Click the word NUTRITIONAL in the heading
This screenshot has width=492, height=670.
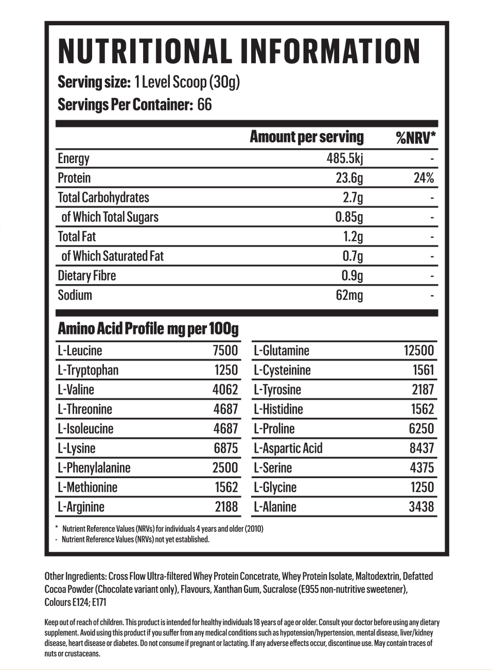click(x=144, y=51)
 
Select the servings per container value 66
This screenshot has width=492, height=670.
click(x=204, y=105)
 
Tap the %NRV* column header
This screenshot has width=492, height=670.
click(x=415, y=137)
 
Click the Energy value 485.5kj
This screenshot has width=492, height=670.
click(x=344, y=158)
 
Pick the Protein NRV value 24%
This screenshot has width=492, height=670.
click(x=424, y=178)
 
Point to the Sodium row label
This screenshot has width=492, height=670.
click(x=75, y=295)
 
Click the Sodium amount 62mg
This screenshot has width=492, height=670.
click(x=349, y=295)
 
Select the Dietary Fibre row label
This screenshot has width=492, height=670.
click(x=87, y=276)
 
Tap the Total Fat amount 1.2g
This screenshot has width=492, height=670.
click(x=353, y=237)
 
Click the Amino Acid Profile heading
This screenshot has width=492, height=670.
click(x=148, y=328)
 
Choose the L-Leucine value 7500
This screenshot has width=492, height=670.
click(x=225, y=351)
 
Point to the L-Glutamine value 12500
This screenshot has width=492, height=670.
click(x=419, y=351)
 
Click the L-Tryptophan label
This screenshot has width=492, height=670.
click(x=88, y=371)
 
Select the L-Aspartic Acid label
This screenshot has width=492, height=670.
click(x=288, y=448)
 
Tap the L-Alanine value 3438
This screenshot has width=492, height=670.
click(x=421, y=507)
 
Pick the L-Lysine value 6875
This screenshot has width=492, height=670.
click(x=226, y=448)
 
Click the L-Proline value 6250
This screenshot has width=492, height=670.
click(x=421, y=429)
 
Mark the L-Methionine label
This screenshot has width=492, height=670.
click(x=87, y=487)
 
